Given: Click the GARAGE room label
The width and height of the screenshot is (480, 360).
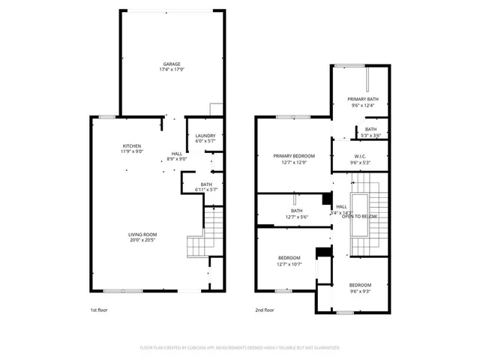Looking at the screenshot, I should coord(172,64).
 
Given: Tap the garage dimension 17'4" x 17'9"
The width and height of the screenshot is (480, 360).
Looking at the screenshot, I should coord(172,70).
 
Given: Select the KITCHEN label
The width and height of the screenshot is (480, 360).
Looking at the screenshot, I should coord(133,145).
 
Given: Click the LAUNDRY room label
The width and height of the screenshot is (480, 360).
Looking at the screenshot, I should coord(205,135).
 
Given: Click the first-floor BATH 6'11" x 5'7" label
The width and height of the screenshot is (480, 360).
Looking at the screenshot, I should coord(205,184).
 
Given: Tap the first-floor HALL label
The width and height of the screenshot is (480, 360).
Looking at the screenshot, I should coord(177,153).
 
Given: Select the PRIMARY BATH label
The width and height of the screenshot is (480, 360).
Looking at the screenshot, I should coord(362,99).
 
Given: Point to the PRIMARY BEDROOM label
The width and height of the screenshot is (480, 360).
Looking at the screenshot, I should coord(294,156).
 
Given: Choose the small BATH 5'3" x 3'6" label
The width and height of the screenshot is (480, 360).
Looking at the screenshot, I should coord(371,129).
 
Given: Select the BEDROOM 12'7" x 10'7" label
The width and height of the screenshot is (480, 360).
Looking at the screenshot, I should coord(289,258).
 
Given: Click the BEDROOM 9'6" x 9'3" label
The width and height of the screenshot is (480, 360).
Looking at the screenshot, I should coord(360,285).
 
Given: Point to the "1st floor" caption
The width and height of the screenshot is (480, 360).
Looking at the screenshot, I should coord(99,310).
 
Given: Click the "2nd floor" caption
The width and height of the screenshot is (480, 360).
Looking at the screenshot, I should coord(264,310).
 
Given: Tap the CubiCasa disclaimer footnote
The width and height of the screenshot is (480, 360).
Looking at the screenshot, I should coord(240,347).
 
